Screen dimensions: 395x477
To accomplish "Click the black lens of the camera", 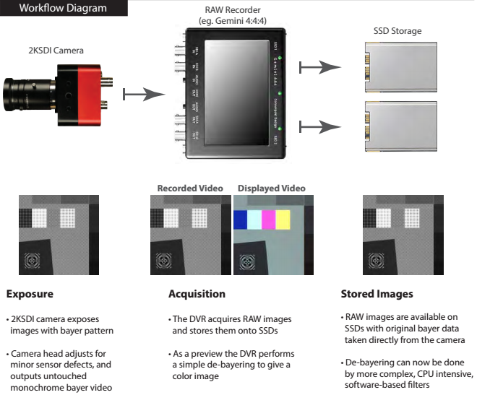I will click(29, 94).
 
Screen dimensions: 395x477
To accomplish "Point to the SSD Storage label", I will click(397, 32).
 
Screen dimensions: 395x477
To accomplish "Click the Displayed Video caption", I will click(271, 188).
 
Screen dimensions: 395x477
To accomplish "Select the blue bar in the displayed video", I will click(240, 219).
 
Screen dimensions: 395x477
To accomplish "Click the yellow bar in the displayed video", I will click(283, 219).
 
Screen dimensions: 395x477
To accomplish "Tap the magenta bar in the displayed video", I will click(268, 219).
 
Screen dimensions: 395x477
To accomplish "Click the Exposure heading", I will click(30, 294).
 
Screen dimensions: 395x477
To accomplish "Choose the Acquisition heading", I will click(197, 294).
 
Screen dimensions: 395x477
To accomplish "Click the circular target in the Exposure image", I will click(35, 261).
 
